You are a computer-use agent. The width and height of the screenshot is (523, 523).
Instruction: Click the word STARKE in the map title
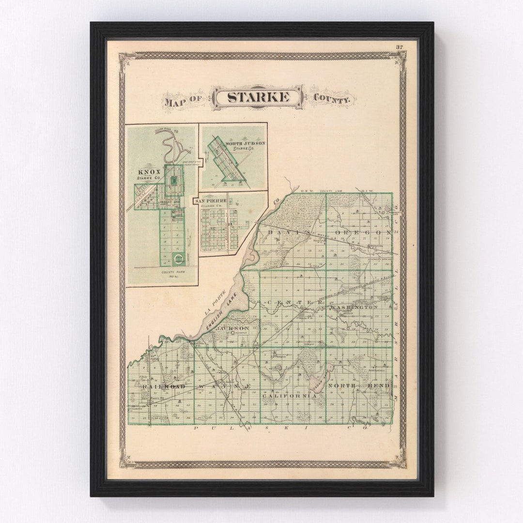259,97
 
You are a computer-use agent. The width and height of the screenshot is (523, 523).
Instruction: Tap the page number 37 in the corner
400,47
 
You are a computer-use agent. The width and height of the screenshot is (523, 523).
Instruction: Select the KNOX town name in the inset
149,172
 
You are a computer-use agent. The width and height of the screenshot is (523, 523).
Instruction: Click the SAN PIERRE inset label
211,200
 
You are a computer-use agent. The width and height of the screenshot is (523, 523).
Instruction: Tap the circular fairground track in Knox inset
179,260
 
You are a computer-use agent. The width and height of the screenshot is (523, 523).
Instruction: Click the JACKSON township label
232,328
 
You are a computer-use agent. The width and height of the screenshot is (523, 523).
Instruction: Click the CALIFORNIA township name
289,396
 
